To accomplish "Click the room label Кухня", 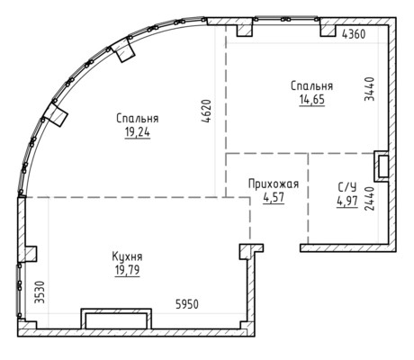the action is click(127, 256).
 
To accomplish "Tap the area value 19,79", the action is click(127, 270).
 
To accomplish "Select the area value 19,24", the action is click(138, 132).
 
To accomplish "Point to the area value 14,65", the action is click(312, 99).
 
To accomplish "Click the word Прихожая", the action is click(274, 184).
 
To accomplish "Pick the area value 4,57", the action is click(274, 198).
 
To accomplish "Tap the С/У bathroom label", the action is click(347, 187).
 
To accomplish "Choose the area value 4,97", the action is click(347, 202).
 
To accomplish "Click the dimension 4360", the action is click(354, 34).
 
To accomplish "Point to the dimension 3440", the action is click(369, 89).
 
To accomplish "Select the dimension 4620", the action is click(207, 112).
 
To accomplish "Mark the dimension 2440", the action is click(369, 199).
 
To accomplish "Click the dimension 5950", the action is click(187, 304).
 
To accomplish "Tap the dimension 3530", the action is click(40, 292).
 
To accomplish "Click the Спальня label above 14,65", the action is click(312, 86).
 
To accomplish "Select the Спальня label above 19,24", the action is click(138, 119).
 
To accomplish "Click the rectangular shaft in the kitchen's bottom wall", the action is click(116, 319).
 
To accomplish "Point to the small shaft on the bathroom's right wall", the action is click(382, 166).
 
